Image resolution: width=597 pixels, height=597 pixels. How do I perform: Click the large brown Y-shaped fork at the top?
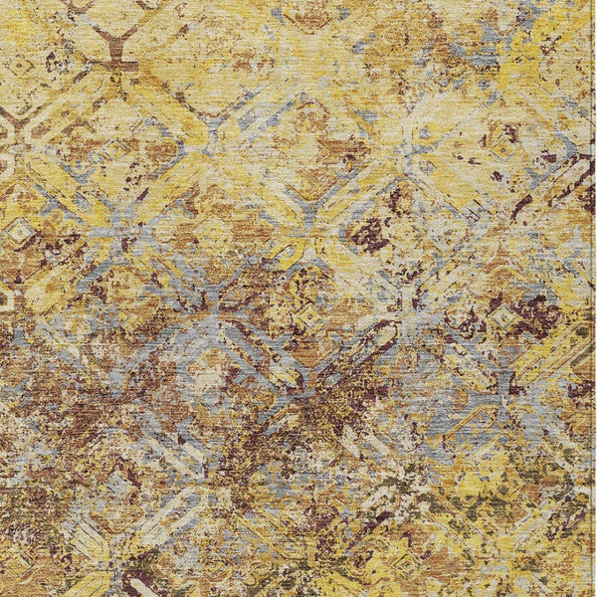pos(115,40)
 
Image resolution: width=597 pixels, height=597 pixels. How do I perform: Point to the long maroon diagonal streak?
pos(521,205)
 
